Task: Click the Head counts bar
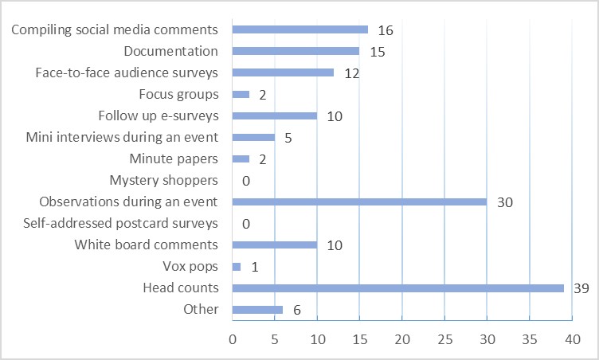click(x=397, y=288)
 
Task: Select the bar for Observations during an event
click(x=359, y=202)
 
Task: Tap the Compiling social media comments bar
click(x=299, y=29)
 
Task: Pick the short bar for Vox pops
click(x=237, y=266)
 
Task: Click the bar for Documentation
click(x=296, y=51)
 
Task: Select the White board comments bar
click(x=274, y=245)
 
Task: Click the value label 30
click(x=503, y=202)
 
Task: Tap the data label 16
click(x=386, y=30)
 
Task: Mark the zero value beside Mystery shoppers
click(x=245, y=181)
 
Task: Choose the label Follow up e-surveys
click(x=158, y=115)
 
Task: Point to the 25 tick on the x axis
click(x=444, y=338)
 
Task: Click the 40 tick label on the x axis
click(x=572, y=338)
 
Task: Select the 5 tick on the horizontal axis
click(x=275, y=338)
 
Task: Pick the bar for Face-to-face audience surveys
click(x=283, y=72)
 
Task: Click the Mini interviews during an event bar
click(x=253, y=137)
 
